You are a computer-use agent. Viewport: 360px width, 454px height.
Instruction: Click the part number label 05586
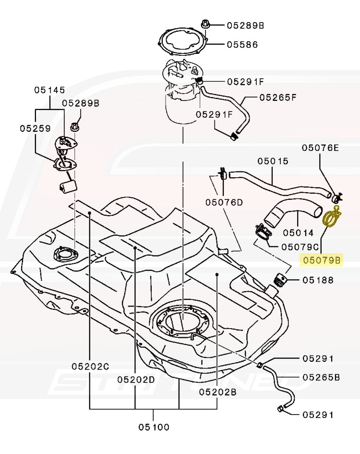(x=242, y=45)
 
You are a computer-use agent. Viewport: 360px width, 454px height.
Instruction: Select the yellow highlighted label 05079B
(x=321, y=260)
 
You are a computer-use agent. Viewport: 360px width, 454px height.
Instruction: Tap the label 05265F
(x=278, y=97)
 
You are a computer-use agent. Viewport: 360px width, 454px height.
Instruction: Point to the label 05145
(x=49, y=90)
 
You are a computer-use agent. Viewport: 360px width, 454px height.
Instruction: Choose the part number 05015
(x=273, y=161)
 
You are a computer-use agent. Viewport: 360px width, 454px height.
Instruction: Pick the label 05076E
(x=320, y=148)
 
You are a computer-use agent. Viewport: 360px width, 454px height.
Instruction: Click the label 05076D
(x=224, y=202)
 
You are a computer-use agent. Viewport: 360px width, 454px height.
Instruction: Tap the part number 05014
(x=298, y=233)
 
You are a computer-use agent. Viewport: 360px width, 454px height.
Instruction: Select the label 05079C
(x=300, y=247)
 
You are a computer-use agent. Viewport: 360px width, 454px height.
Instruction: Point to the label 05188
(x=317, y=280)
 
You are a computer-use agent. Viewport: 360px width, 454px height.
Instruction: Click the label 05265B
(x=321, y=377)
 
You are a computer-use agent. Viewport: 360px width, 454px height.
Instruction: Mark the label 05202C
(x=90, y=366)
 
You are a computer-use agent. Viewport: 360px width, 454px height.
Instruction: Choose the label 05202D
(x=136, y=380)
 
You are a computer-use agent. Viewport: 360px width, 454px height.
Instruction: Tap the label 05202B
(x=217, y=392)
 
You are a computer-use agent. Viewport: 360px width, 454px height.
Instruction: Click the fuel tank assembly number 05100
(x=154, y=426)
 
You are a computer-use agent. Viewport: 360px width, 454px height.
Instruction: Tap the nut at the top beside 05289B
(x=205, y=24)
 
